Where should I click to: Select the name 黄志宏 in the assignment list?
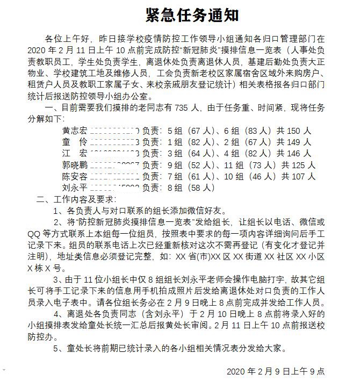coord(75,130)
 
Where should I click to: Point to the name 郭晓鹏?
coord(75,164)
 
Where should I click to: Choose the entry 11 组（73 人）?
coord(248,164)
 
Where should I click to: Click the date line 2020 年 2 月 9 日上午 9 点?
coord(275,371)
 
